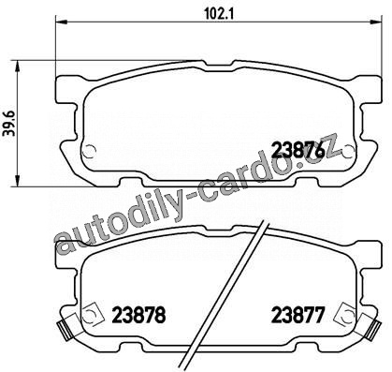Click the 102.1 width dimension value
point(219,13)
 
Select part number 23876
point(298,151)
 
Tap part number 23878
point(138,315)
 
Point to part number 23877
point(298,315)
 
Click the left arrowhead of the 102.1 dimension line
point(62,22)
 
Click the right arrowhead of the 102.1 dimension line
point(375,22)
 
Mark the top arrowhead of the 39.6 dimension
point(18,67)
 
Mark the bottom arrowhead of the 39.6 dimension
point(18,181)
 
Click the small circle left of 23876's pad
point(89,151)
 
